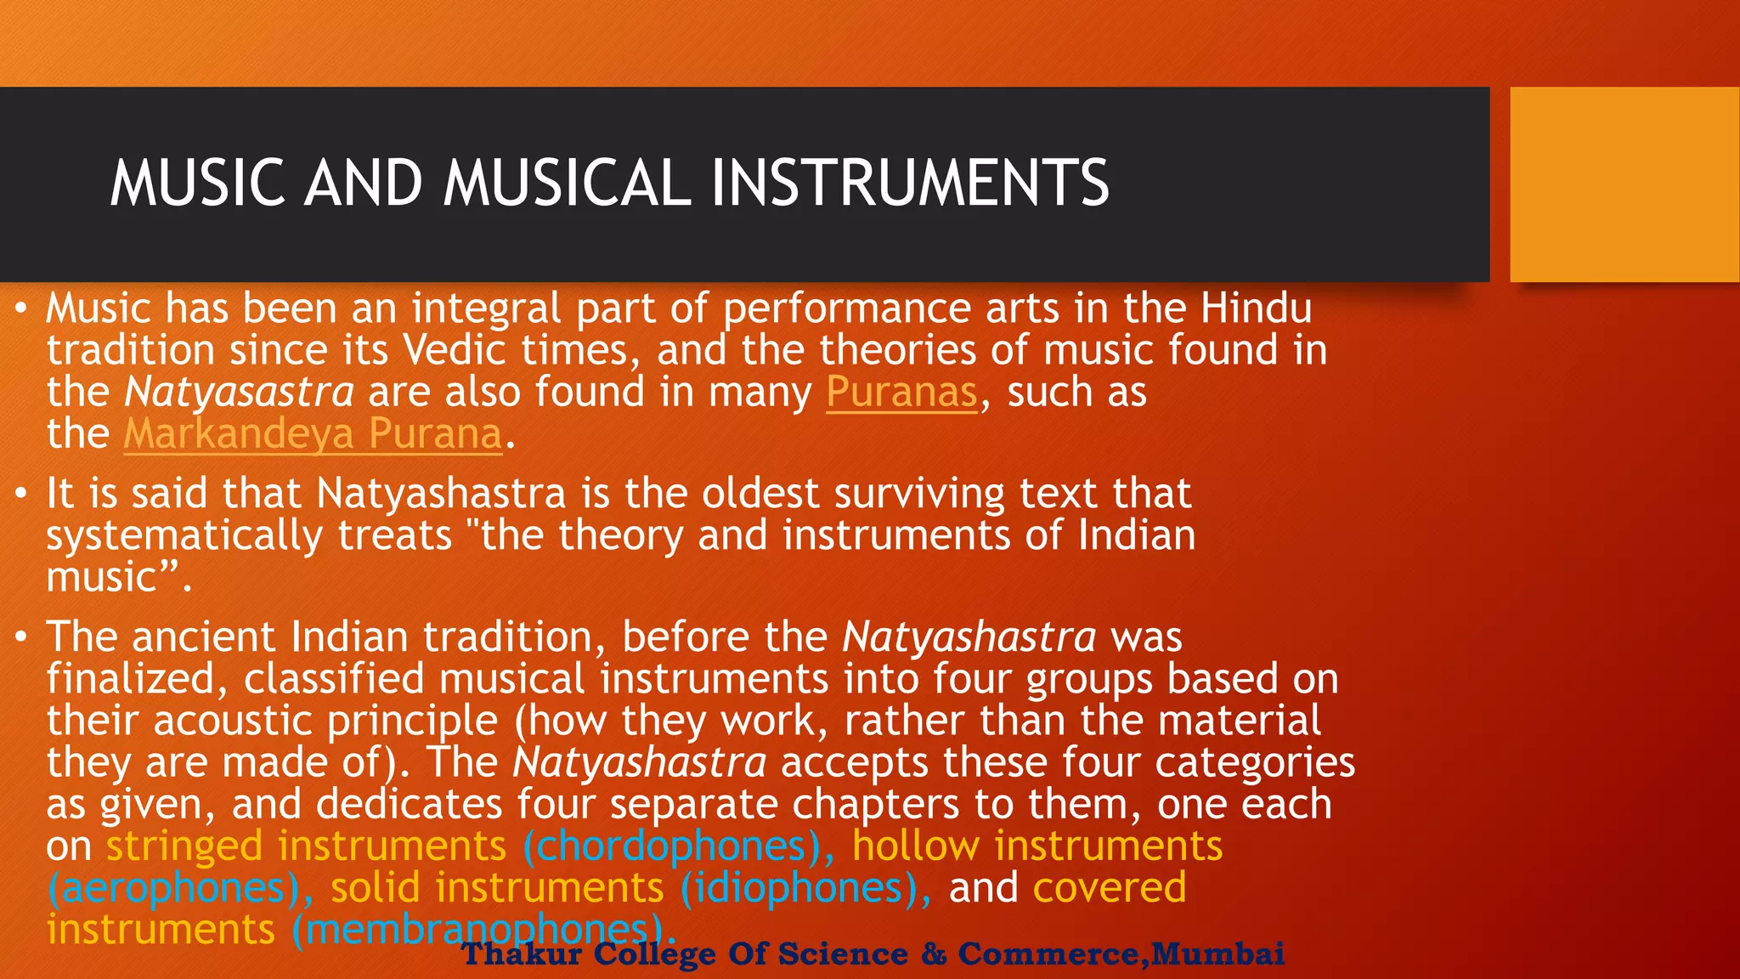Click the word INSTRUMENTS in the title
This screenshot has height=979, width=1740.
pyautogui.click(x=909, y=183)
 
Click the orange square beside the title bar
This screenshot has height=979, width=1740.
pyautogui.click(x=1624, y=184)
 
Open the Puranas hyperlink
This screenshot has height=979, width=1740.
pyautogui.click(x=901, y=393)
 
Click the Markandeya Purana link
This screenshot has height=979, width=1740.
pyautogui.click(x=313, y=434)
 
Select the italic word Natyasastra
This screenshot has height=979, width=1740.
pyautogui.click(x=239, y=393)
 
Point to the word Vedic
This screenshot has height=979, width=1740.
pyautogui.click(x=455, y=351)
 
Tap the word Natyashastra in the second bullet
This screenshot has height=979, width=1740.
pyautogui.click(x=441, y=494)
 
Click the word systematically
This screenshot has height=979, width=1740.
pyautogui.click(x=184, y=536)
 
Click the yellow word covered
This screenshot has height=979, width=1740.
pyautogui.click(x=1109, y=888)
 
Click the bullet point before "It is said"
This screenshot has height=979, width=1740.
pyautogui.click(x=20, y=495)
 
